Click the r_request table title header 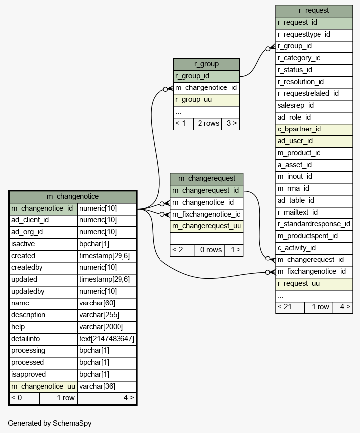coord(314,10)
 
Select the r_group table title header coord(206,64)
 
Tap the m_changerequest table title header coord(206,178)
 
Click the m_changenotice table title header coord(73,196)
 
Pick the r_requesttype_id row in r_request coord(314,34)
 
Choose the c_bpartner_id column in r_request coord(314,129)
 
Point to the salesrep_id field coord(314,105)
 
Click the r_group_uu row coord(206,99)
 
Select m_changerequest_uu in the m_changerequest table coord(206,226)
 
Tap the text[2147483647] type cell coord(107,339)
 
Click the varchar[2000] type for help coord(107,327)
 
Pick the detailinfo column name coord(43,339)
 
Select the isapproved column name coord(43,374)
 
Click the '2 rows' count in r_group coord(208,123)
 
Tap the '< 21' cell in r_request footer coord(290,307)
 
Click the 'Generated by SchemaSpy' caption coord(49,423)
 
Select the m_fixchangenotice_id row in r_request coord(314,271)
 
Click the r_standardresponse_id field coord(314,224)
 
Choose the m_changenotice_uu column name coord(43,386)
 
